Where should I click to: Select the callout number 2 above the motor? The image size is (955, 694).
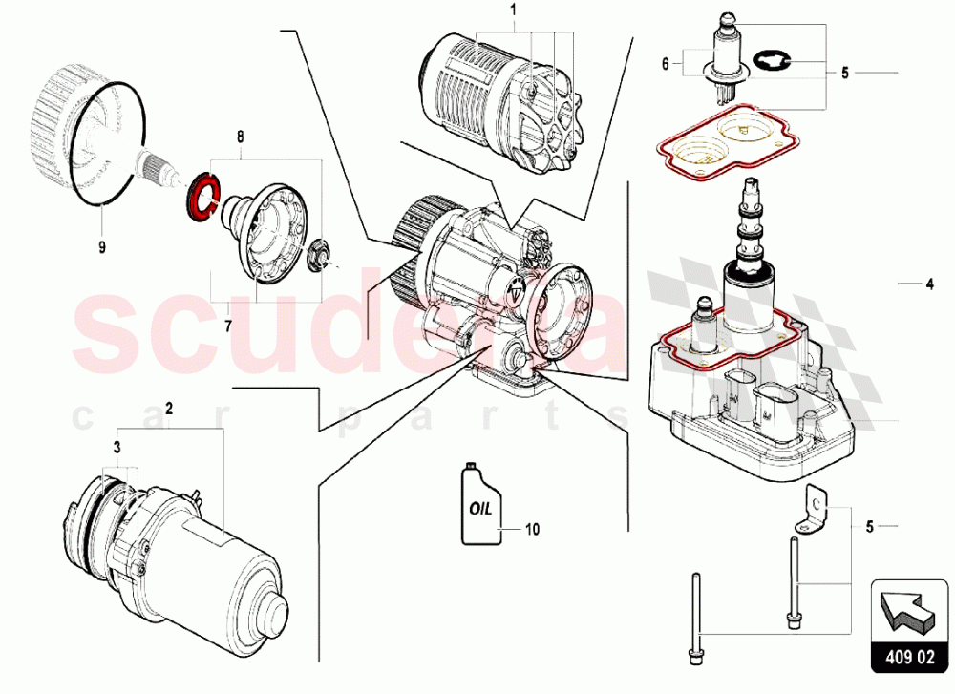(x=169, y=409)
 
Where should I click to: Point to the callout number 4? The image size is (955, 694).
(x=927, y=284)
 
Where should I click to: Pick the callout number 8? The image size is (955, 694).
(x=240, y=137)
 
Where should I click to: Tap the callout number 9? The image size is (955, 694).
(x=100, y=245)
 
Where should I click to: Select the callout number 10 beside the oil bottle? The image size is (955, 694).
(x=532, y=528)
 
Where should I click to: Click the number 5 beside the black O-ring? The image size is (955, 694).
(x=844, y=72)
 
